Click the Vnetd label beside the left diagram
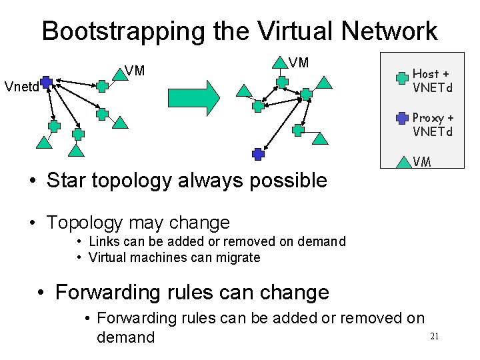20,87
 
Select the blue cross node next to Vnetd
45,83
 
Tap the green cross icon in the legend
402,77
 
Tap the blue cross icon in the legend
402,118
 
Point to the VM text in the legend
422,161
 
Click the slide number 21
434,336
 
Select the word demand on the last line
125,337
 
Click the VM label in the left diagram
135,70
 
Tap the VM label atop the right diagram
299,63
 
